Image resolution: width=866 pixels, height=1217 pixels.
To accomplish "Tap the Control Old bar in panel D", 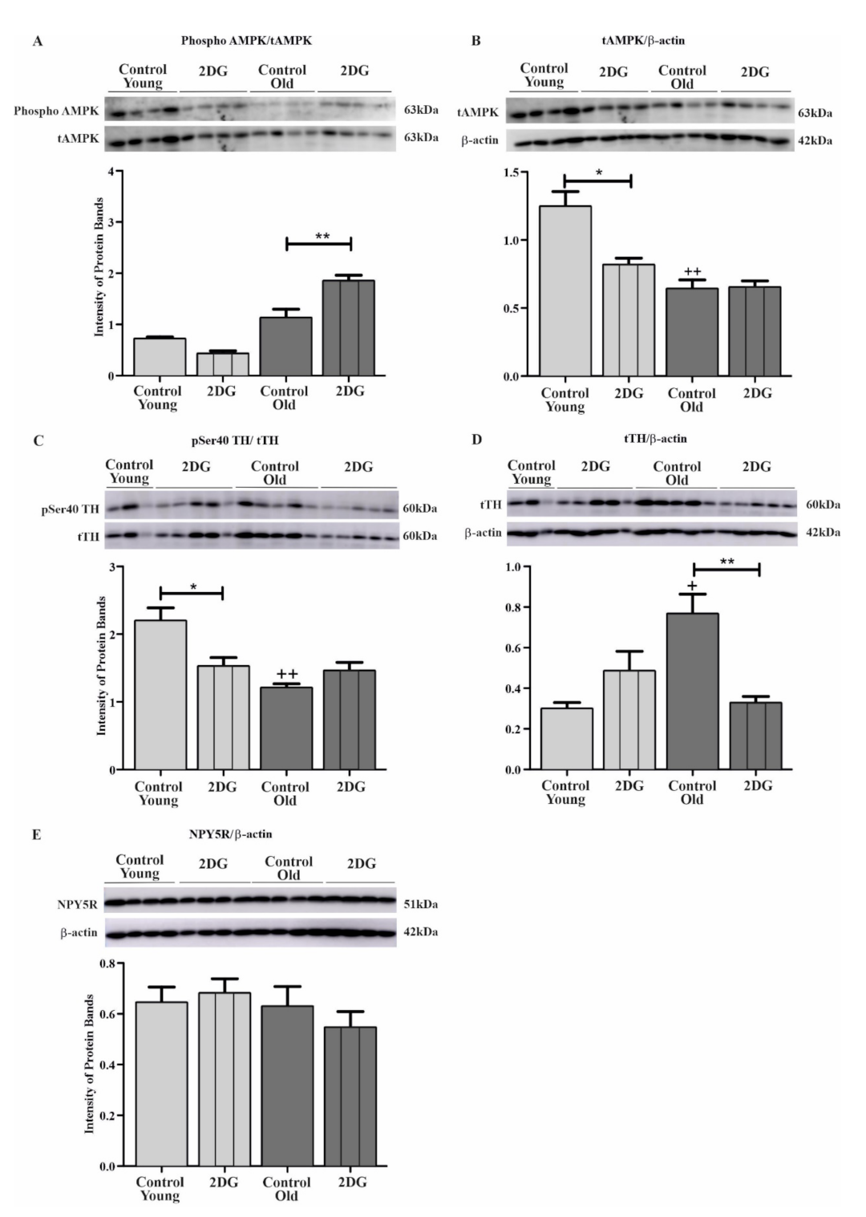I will [692, 691].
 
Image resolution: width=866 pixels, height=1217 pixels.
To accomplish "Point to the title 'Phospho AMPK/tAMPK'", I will [246, 40].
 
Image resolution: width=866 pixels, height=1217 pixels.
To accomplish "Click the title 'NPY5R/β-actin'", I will [230, 834].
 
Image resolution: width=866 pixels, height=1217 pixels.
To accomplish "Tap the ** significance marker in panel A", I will [322, 237].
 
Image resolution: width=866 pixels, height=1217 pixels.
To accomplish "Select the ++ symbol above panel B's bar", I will [692, 272].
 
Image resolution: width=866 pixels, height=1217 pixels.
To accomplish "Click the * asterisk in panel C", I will [193, 587].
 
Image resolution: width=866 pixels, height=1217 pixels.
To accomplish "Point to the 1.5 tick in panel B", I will [510, 172].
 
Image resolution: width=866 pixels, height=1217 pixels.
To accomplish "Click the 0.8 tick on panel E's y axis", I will [107, 963].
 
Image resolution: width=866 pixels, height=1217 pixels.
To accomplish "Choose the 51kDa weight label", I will [420, 904].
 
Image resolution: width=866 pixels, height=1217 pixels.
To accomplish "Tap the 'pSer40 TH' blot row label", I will [71, 509].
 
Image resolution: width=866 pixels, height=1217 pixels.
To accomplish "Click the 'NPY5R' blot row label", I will [78, 904].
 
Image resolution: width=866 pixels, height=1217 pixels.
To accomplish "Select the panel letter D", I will [477, 440].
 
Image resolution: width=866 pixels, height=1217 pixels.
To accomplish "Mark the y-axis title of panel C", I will [102, 666].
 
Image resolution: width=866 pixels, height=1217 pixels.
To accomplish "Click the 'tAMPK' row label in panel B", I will [478, 112].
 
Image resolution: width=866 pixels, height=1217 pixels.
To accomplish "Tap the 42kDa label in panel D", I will [823, 532].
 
